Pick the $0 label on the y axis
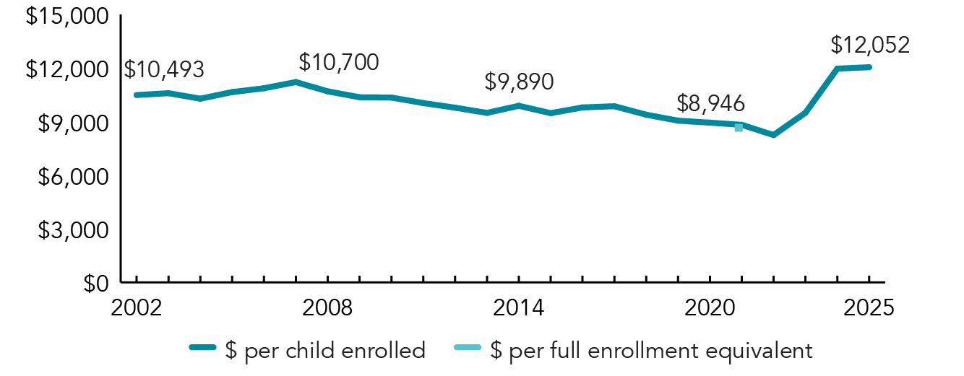click(x=93, y=283)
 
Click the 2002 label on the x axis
click(x=136, y=307)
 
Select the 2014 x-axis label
click(x=518, y=307)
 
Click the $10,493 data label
click(x=164, y=70)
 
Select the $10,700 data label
click(x=338, y=62)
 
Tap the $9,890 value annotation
click(x=519, y=82)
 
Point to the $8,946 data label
click(x=710, y=103)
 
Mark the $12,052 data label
click(x=869, y=45)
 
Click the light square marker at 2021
click(x=739, y=128)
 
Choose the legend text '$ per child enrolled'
click(x=325, y=351)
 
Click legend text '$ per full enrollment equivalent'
click(x=651, y=351)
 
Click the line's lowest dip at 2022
click(x=773, y=135)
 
